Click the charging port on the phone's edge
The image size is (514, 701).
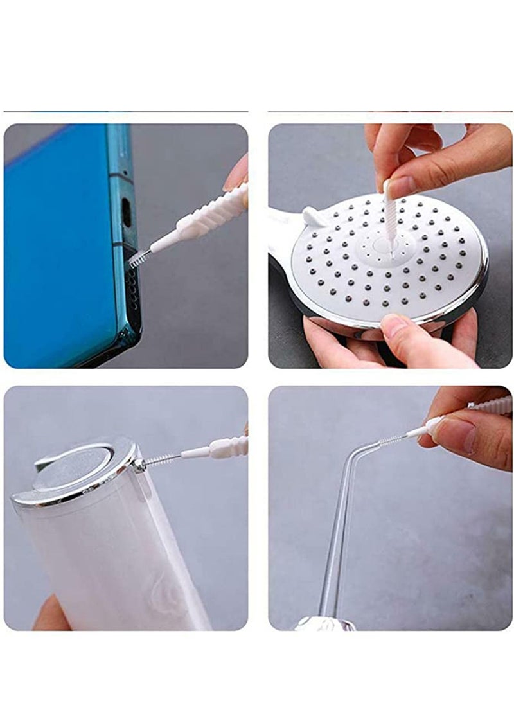[127, 212]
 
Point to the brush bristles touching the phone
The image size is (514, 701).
[138, 258]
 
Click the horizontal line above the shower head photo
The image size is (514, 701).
[389, 112]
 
